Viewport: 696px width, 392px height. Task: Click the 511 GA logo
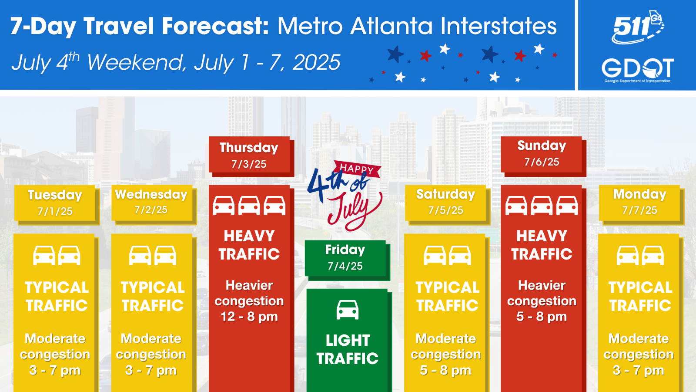[x=638, y=27]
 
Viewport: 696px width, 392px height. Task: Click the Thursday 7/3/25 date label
[x=249, y=155]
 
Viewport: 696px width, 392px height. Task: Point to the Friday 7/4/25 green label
[x=345, y=258]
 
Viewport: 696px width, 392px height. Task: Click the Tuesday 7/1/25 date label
[x=55, y=203]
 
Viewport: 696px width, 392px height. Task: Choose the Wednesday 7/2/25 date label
[x=151, y=203]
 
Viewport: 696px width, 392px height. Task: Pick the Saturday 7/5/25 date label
[x=445, y=203]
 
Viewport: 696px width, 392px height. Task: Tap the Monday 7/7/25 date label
[x=639, y=203]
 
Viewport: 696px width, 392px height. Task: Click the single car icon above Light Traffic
[x=348, y=310]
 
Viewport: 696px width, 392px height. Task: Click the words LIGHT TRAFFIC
[x=348, y=349]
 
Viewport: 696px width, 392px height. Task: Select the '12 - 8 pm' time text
[x=249, y=317]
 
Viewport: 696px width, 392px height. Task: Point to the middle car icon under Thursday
[x=249, y=206]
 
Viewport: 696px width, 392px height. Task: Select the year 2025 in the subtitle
[x=316, y=62]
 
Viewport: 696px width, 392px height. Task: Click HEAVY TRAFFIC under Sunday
[x=542, y=245]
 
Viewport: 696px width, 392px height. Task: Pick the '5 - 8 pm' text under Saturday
[x=445, y=370]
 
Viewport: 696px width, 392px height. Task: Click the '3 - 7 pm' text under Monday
[x=639, y=370]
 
